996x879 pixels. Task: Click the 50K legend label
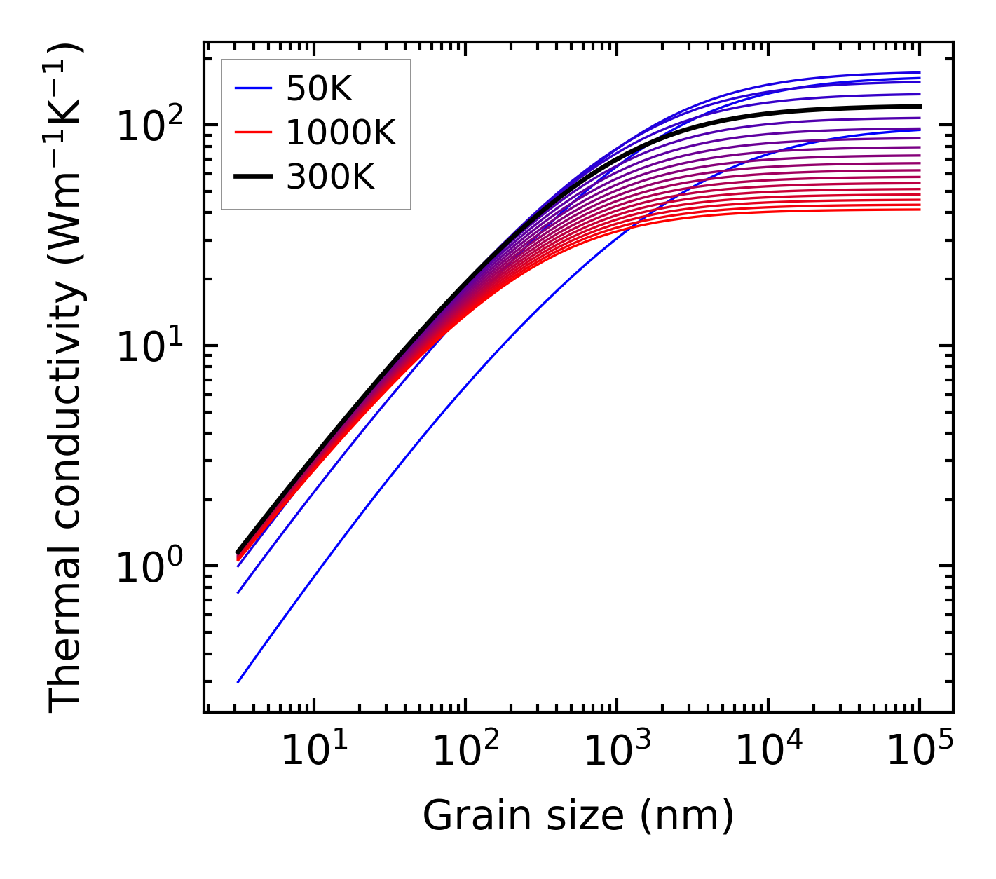point(318,88)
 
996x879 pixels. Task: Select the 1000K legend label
point(341,132)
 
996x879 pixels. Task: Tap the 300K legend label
point(330,177)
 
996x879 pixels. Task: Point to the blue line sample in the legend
point(252,88)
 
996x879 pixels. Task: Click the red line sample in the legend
point(252,132)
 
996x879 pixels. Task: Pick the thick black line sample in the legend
point(252,177)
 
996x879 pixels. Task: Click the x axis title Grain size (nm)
point(578,815)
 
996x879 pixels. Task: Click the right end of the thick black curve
point(920,107)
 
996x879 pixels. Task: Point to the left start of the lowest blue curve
point(238,681)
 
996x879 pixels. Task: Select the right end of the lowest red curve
point(920,209)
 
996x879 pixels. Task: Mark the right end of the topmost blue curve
point(920,72)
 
